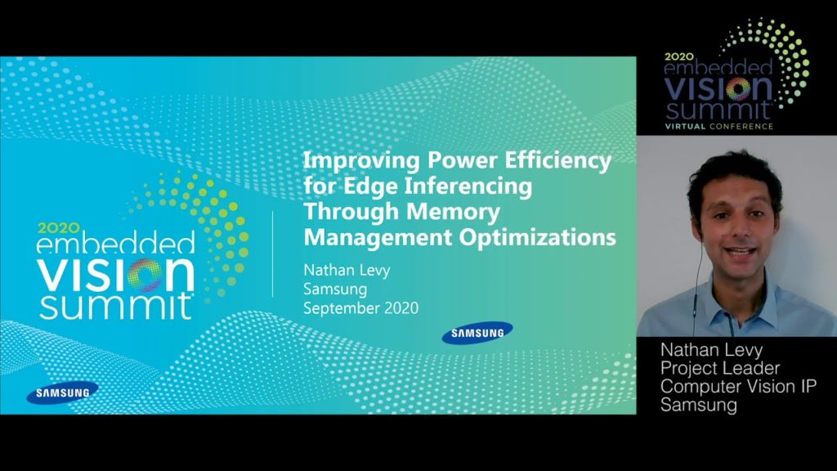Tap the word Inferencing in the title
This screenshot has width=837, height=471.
point(468,187)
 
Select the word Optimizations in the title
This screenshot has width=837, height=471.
point(538,238)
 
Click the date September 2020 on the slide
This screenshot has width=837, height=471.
point(360,308)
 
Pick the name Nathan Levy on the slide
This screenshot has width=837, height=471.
point(347,270)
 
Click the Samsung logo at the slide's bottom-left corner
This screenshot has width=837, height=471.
point(62,393)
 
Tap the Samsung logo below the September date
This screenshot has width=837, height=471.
point(477,333)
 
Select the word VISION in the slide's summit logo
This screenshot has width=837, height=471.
point(116,275)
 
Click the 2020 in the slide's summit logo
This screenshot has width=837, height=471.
point(59,228)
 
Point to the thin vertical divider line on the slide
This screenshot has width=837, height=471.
point(273,254)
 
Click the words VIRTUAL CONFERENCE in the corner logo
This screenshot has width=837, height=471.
point(718,127)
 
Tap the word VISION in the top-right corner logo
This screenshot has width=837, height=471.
point(718,89)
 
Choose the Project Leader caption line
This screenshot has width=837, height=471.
point(720,368)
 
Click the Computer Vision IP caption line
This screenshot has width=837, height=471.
point(738,386)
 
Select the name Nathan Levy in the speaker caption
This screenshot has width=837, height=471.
point(712,350)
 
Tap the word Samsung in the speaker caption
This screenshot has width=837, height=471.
point(699,405)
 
